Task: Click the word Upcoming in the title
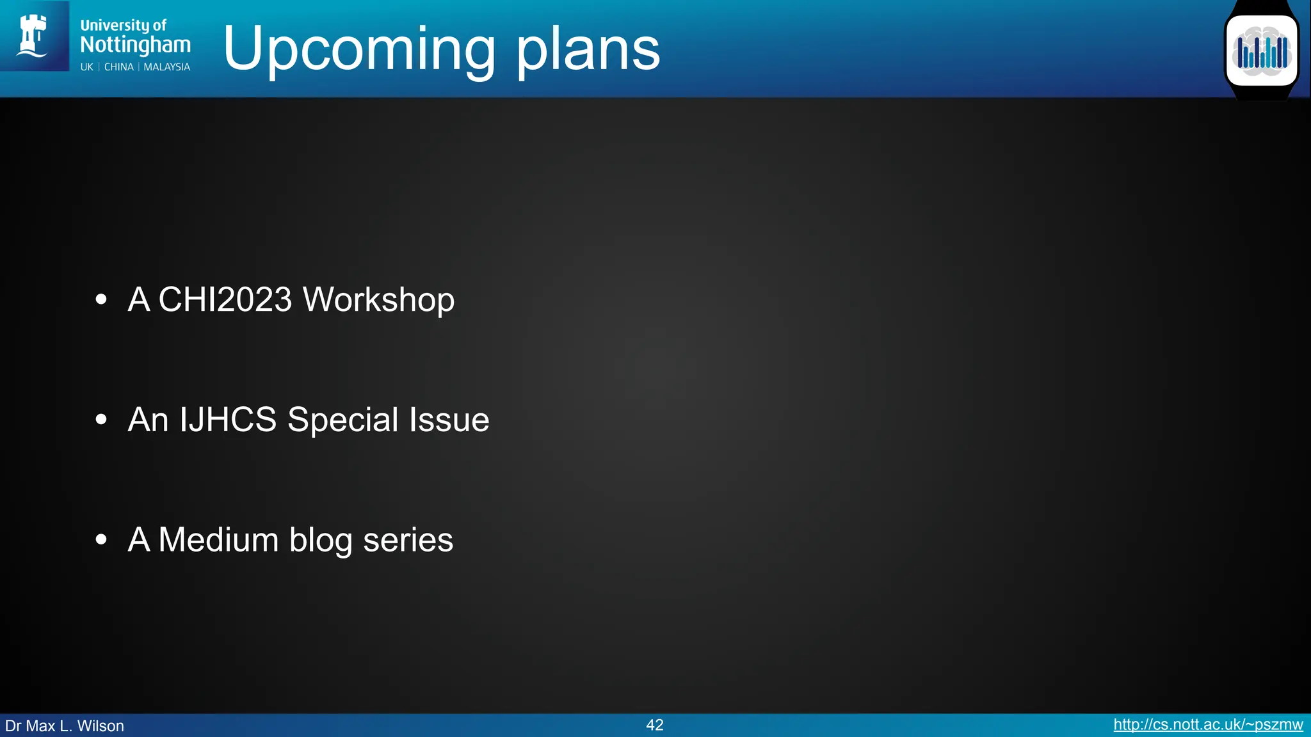(358, 50)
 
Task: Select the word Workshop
(378, 299)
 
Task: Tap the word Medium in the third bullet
(218, 539)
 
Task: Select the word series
(408, 540)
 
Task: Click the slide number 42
(655, 725)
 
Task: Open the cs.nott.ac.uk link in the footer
(1208, 725)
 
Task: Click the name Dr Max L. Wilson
(65, 726)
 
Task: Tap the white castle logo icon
(33, 36)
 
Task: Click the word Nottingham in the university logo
(135, 45)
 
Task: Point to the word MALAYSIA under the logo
(166, 67)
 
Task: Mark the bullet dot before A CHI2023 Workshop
(101, 299)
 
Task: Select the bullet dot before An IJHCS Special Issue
(101, 420)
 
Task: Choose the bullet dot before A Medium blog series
(101, 540)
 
